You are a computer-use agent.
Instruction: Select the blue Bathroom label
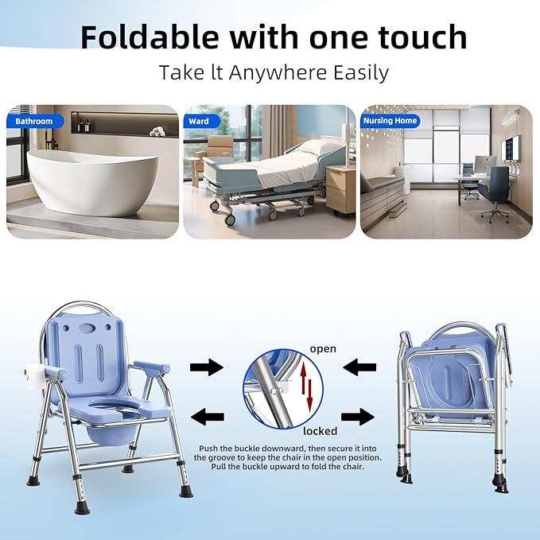pos(34,122)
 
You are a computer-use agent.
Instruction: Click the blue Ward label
pos(199,122)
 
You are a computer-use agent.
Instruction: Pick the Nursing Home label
pos(390,122)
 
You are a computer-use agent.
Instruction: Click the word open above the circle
pos(323,349)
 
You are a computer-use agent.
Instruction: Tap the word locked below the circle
pos(320,431)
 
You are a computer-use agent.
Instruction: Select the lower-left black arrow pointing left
pos(207,416)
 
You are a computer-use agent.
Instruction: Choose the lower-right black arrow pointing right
pos(358,416)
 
